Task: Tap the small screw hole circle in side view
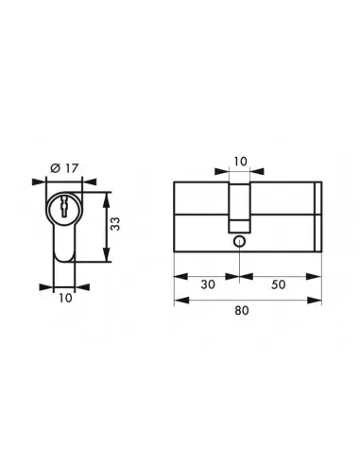[240, 243]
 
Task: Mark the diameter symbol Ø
[55, 167]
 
